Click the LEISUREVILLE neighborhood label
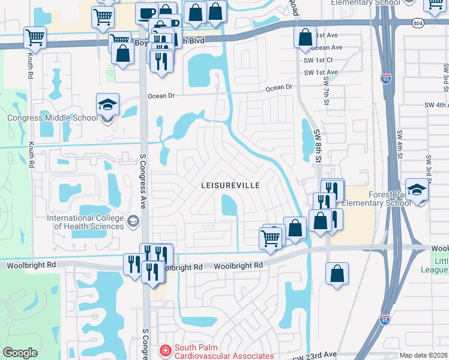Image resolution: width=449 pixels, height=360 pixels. click(230, 186)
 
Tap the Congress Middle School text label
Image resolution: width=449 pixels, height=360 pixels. click(53, 118)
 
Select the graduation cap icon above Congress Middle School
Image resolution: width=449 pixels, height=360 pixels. click(107, 106)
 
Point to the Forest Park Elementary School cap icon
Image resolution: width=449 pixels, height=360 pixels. click(416, 190)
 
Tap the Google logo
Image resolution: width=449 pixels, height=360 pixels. click(20, 353)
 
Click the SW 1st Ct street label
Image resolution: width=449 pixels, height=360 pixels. click(318, 60)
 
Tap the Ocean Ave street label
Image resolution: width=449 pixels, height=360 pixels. click(327, 47)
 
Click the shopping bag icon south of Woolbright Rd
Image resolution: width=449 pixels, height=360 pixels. click(337, 273)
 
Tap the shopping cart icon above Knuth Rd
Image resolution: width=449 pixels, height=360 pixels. click(35, 38)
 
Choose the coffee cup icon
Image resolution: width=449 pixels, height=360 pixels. click(146, 13)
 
